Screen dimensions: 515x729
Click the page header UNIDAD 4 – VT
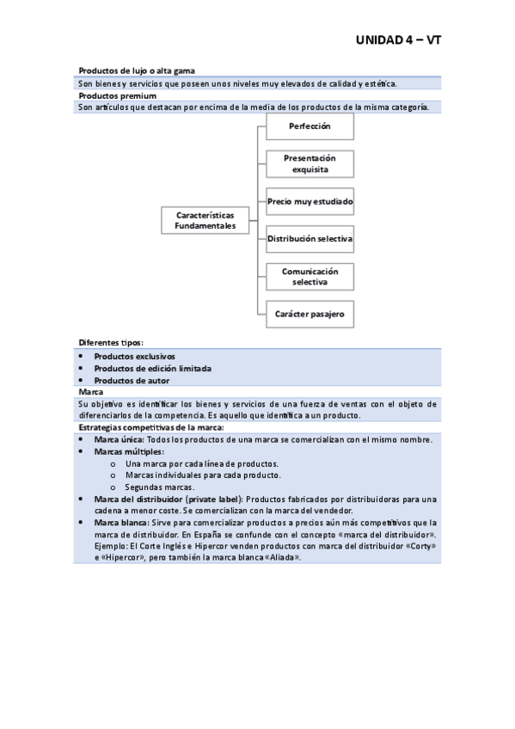(399, 40)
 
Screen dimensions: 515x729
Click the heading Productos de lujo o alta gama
(142, 70)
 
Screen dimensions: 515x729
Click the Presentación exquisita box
(309, 163)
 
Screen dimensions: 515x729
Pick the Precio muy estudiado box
(309, 201)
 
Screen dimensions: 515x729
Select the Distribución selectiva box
(309, 238)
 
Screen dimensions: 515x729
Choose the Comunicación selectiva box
(309, 276)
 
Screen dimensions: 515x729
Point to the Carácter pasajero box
(309, 314)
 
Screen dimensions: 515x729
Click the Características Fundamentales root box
(205, 219)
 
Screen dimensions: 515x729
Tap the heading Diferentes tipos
(111, 341)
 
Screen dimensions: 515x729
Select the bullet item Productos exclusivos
(134, 355)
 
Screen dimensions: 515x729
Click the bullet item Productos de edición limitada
(152, 368)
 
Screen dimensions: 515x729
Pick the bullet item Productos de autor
(132, 380)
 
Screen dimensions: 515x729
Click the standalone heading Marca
(90, 391)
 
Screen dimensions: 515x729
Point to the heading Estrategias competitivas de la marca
(151, 427)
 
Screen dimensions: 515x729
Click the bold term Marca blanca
(120, 522)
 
